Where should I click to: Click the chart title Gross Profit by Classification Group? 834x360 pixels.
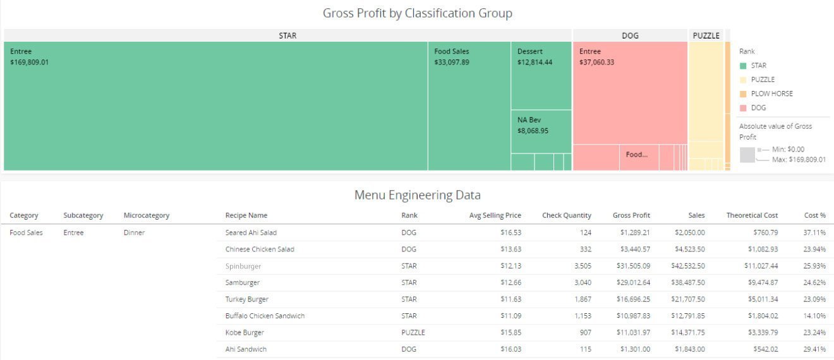417,13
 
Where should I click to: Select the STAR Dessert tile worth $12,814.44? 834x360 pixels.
541,76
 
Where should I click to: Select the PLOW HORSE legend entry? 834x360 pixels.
771,93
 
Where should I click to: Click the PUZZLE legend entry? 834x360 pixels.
762,80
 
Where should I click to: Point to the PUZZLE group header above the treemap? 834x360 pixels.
706,36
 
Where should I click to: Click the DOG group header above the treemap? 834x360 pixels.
630,36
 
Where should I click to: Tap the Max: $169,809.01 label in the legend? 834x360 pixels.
799,160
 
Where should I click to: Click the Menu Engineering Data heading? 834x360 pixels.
417,195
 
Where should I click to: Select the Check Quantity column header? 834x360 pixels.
566,215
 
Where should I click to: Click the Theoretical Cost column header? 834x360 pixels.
752,215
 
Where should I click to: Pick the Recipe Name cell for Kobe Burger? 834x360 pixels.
245,332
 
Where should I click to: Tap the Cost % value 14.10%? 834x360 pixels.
814,316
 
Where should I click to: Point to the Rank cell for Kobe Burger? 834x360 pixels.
413,332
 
